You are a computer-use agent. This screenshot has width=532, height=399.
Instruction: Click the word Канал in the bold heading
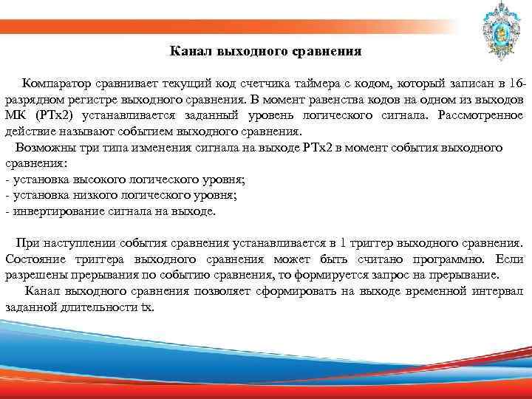[x=189, y=52]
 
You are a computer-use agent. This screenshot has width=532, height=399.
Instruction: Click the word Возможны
[x=45, y=148]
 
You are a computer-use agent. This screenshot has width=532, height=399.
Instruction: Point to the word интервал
[x=497, y=291]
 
